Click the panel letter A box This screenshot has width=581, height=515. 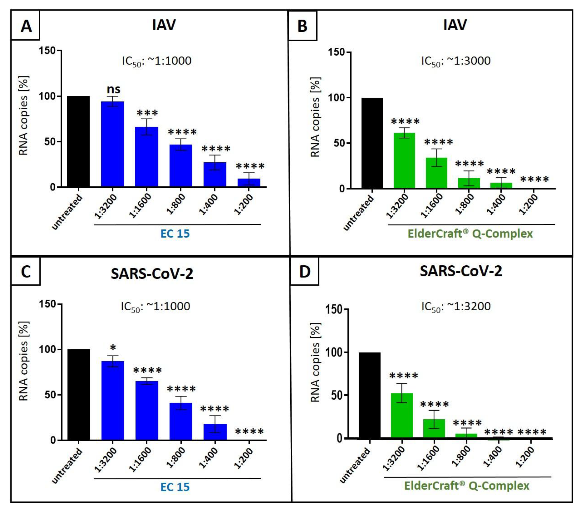(26, 26)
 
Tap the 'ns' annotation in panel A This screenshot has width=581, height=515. (113, 89)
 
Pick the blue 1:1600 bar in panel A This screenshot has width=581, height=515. (146, 157)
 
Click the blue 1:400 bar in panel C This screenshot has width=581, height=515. (215, 432)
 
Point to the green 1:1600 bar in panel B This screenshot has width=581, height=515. (436, 173)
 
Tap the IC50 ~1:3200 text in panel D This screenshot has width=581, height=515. (456, 307)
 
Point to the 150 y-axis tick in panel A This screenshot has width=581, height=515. (47, 51)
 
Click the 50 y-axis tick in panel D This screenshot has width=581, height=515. (337, 395)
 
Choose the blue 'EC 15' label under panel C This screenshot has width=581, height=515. (175, 487)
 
